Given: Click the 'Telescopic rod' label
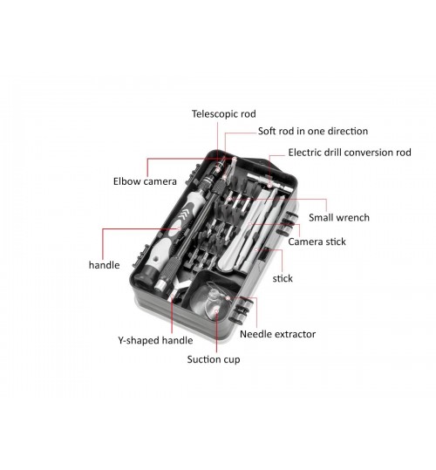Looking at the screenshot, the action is [223, 114].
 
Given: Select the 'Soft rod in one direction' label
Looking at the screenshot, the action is [313, 132].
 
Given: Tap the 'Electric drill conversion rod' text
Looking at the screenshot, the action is [350, 153].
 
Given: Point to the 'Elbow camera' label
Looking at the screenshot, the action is [145, 181].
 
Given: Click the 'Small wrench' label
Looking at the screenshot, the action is [339, 217].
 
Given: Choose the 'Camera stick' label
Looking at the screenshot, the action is [317, 242].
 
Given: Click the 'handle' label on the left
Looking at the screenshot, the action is [105, 265].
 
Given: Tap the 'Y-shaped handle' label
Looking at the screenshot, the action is [155, 340].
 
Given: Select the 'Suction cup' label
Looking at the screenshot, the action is [214, 359].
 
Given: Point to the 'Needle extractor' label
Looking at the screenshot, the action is [277, 334].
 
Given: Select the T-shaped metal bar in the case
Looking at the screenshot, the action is [269, 183].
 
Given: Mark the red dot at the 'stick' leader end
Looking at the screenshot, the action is [256, 249].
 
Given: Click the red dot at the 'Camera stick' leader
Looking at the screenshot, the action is [250, 224].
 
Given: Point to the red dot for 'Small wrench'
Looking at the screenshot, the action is [229, 199].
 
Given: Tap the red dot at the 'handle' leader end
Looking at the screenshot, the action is [179, 228].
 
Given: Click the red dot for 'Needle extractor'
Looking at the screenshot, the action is [228, 298].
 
